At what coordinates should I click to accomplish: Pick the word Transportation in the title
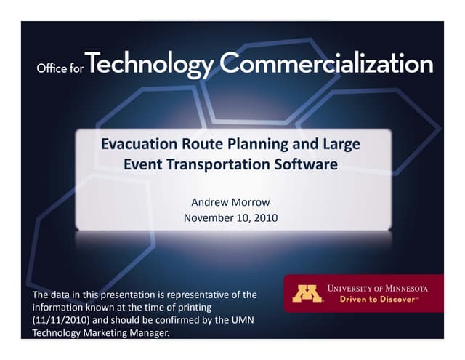point(227,164)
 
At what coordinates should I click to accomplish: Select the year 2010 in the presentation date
point(264,217)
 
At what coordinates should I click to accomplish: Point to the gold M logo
point(307,293)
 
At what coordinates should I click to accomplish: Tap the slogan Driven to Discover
point(376,299)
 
